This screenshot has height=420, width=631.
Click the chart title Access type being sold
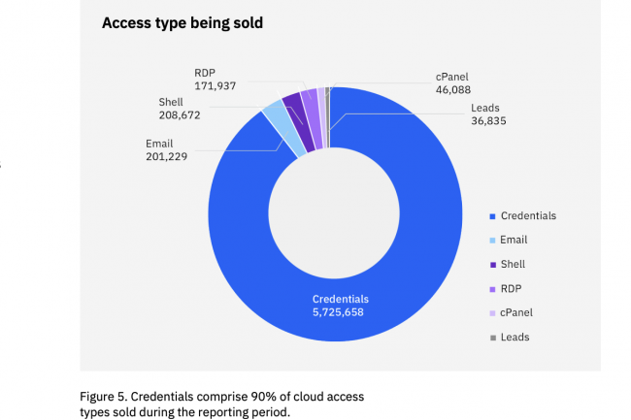point(183,21)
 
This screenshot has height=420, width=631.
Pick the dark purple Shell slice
point(292,102)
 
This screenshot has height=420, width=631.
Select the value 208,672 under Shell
point(180,114)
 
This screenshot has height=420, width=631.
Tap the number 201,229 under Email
point(166,155)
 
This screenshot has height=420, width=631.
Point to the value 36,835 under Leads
point(488,121)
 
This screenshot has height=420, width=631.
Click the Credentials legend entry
point(529,215)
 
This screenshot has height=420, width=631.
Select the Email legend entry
point(515,240)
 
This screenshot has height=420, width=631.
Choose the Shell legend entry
point(515,264)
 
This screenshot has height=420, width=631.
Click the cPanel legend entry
point(517,312)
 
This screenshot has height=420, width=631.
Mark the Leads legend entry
point(515,337)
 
